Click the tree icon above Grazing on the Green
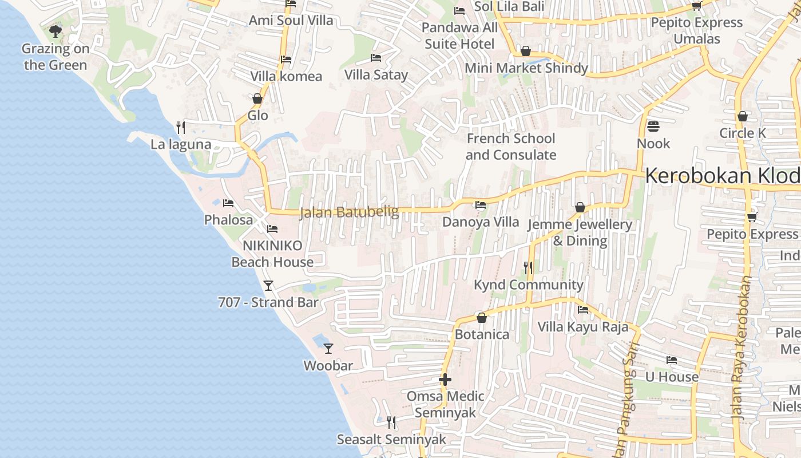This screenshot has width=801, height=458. (55, 31)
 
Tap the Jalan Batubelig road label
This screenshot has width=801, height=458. (348, 212)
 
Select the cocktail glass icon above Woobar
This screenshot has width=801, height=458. (328, 348)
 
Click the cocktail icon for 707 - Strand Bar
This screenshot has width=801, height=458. (268, 285)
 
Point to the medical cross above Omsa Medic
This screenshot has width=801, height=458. (445, 379)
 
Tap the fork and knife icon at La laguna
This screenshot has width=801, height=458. (181, 127)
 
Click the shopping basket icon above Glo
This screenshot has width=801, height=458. (257, 98)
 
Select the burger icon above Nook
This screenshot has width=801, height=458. (653, 126)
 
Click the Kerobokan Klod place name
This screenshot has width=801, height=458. (722, 176)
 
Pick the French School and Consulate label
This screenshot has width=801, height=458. (510, 147)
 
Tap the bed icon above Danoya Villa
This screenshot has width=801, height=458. (481, 204)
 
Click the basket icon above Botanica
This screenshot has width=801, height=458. (482, 317)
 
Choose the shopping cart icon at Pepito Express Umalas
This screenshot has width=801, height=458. (696, 6)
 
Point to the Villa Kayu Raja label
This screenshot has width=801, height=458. (582, 327)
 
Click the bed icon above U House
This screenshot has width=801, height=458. (672, 360)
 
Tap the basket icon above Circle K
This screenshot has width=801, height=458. (743, 116)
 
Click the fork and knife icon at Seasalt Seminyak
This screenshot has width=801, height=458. (391, 423)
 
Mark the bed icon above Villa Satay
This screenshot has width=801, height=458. (376, 57)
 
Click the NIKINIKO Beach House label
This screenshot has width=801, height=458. (272, 254)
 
